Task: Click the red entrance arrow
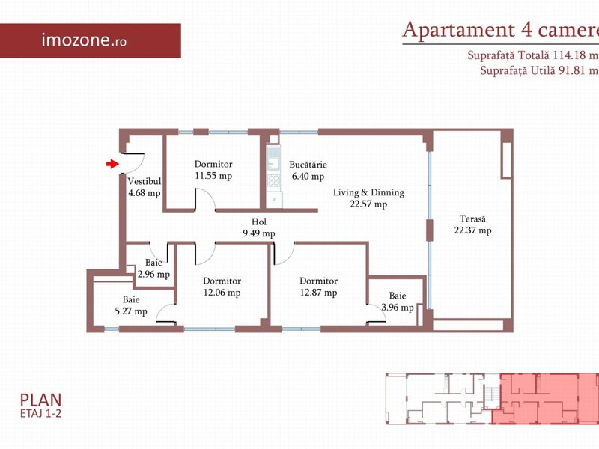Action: click(112, 164)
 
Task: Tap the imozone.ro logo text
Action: click(84, 40)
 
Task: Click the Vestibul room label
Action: click(145, 181)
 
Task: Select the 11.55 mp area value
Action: click(213, 176)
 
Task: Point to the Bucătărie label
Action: click(308, 165)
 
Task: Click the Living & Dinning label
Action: click(368, 192)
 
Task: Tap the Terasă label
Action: click(472, 219)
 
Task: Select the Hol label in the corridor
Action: click(259, 222)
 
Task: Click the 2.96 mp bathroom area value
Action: click(153, 274)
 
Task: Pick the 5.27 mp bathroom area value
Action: click(131, 311)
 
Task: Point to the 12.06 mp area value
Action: click(222, 293)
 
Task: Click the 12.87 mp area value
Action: click(319, 293)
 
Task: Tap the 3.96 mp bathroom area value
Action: click(398, 307)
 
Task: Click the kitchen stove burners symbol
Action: click(273, 180)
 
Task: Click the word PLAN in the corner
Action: click(40, 400)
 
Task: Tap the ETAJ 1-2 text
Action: click(40, 414)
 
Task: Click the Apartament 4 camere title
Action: click(500, 29)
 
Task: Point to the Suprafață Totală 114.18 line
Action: click(533, 55)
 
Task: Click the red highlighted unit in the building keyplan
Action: click(547, 399)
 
